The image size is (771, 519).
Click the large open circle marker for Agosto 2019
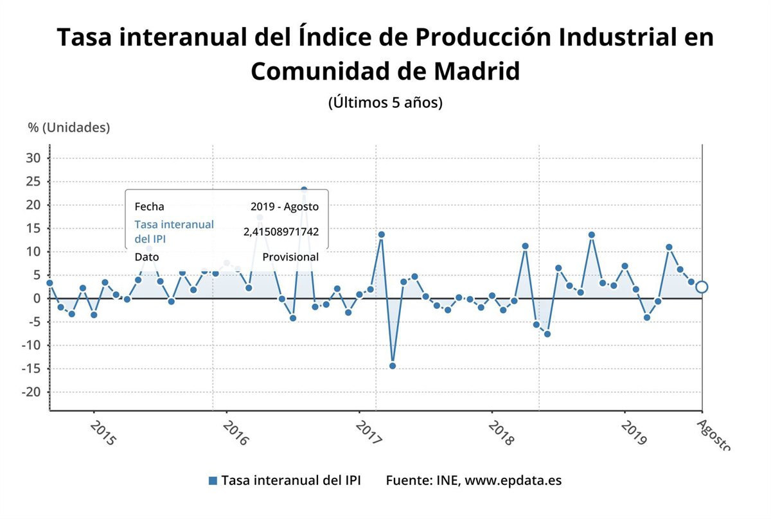coord(702,286)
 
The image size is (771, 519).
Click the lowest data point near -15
coord(393,366)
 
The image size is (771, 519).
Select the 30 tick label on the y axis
coord(34,158)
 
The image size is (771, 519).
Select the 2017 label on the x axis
coord(369,433)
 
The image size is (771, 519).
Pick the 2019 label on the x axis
coord(634,433)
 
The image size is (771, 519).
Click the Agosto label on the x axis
coord(713,434)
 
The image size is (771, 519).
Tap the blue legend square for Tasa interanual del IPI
coord(213,480)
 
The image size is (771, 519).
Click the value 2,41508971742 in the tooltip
coord(281,232)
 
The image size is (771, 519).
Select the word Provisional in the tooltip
coord(290,257)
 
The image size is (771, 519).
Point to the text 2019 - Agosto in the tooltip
coord(285,207)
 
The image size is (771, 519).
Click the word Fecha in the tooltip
coord(149,207)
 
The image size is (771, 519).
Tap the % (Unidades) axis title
coord(69,127)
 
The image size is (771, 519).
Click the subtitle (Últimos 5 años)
coord(385,102)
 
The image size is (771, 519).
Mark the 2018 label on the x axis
coord(502,433)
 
